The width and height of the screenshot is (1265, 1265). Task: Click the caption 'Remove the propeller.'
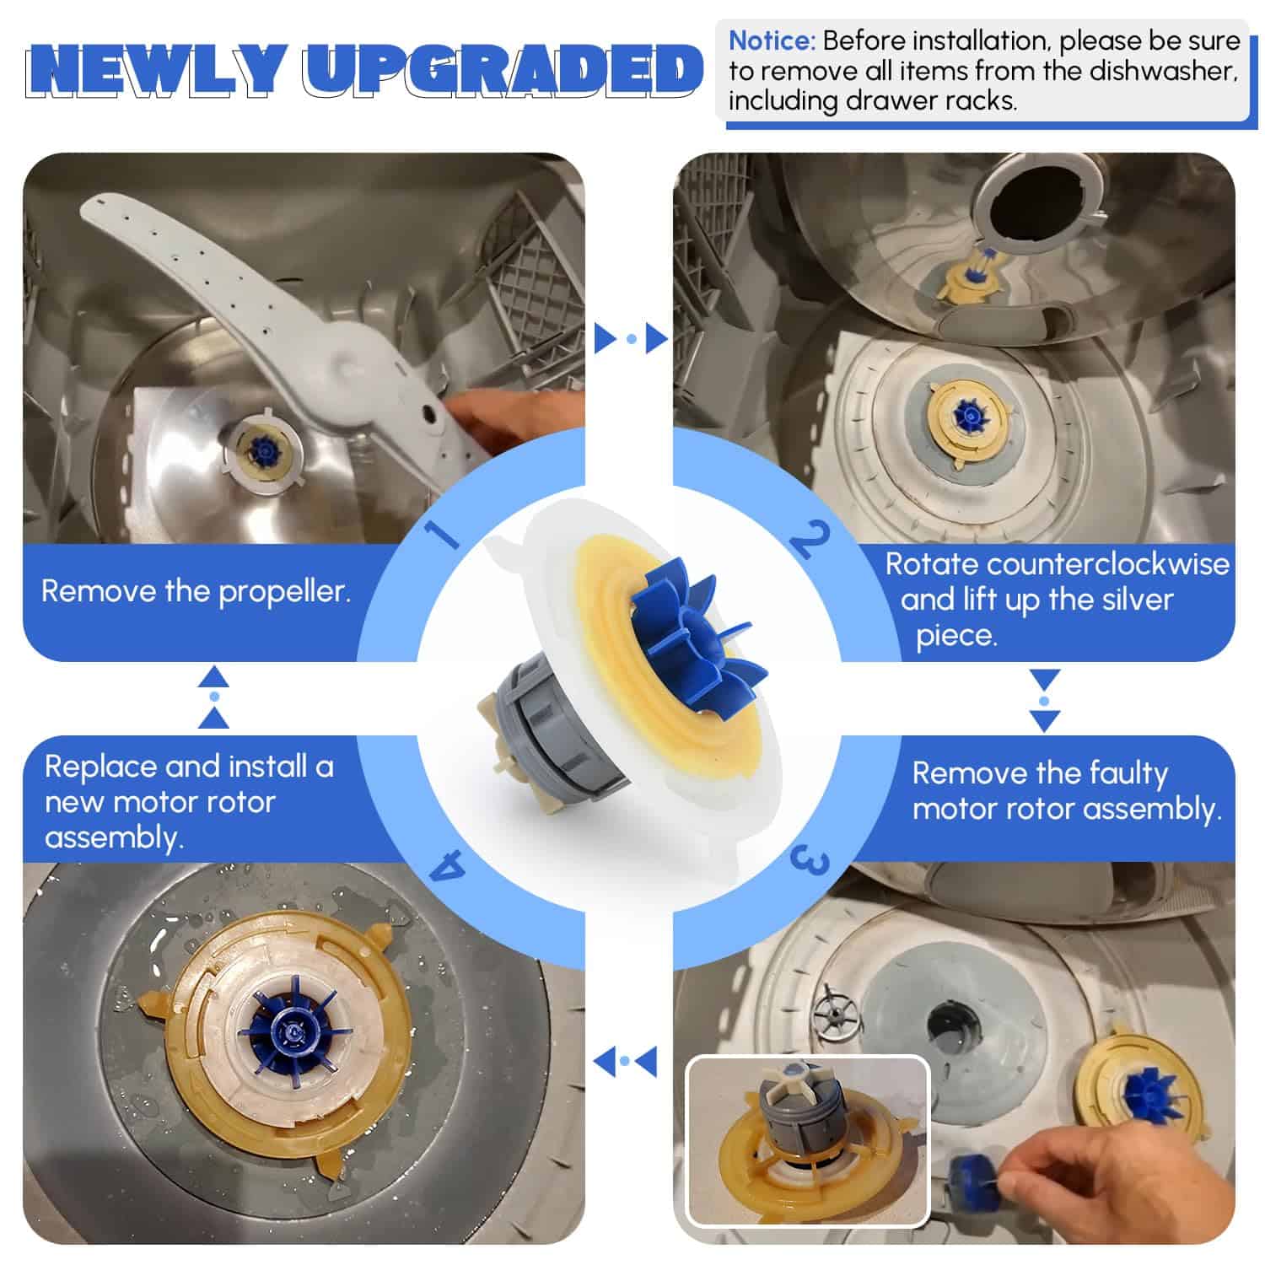(x=196, y=591)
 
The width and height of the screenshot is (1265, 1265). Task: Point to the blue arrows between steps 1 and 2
(x=631, y=338)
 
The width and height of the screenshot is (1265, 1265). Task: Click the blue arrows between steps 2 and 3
(x=1045, y=701)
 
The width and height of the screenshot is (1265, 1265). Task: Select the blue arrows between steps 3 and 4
(x=625, y=1060)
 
